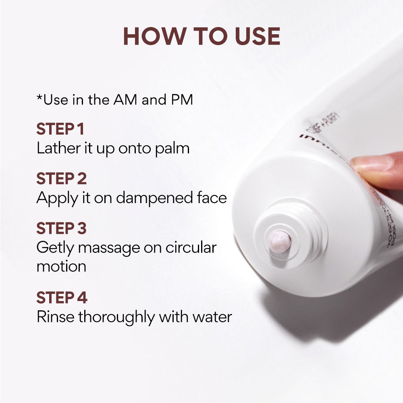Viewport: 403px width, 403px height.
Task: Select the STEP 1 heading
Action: tap(60, 129)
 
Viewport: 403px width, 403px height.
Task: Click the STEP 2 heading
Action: tap(61, 179)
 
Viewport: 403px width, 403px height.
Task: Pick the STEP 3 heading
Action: tap(61, 229)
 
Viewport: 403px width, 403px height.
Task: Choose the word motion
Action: tap(61, 266)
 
